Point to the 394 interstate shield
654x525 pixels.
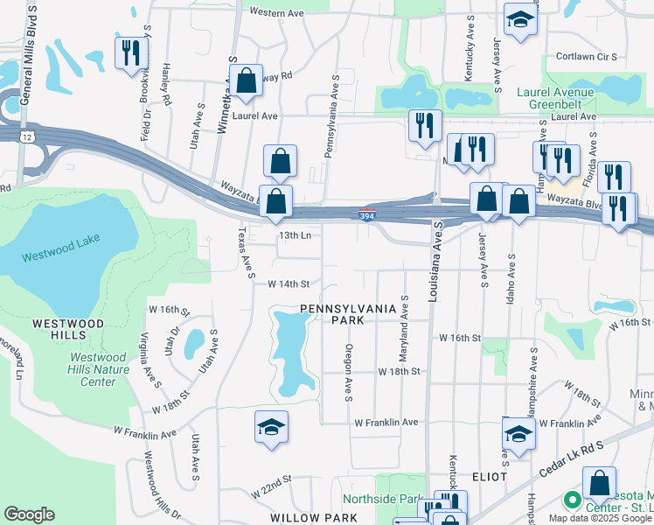coord(368,215)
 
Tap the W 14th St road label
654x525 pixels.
coord(289,283)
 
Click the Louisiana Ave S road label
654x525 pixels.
coord(432,262)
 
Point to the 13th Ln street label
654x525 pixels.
coord(295,235)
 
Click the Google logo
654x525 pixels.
coord(30,514)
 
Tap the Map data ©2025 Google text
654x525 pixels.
coord(600,518)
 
